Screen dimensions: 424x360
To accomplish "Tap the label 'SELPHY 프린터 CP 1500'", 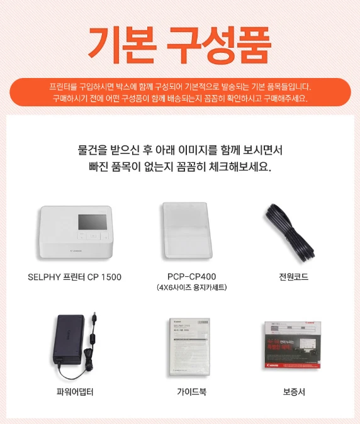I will tap(75, 277).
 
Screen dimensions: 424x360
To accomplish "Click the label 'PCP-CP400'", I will tap(191, 277).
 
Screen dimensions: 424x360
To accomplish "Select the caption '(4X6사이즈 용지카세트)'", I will tap(191, 288).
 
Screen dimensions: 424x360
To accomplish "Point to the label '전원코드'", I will tap(294, 277).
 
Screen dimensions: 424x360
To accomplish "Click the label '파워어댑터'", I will tap(75, 392).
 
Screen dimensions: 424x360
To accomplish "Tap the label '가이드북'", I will tap(191, 392).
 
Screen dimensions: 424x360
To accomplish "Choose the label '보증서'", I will tap(294, 392).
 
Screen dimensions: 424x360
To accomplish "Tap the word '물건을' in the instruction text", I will tap(93, 151).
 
